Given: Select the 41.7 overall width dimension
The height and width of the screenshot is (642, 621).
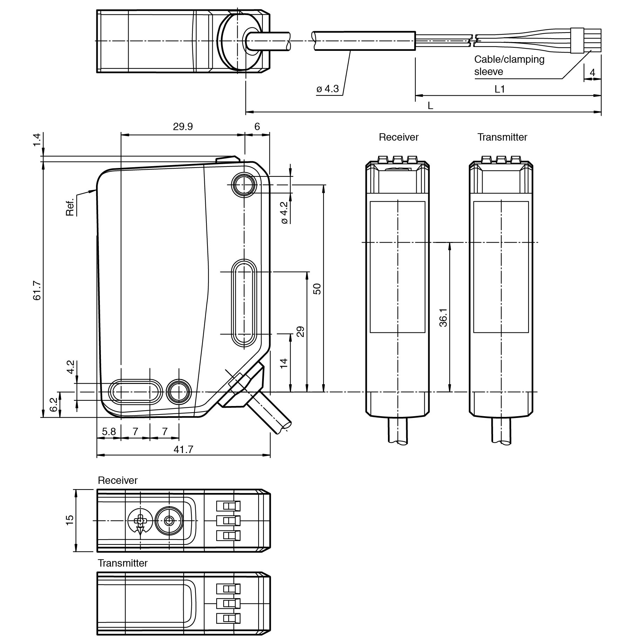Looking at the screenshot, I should (183, 449).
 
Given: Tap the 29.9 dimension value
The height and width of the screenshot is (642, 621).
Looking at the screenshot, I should (183, 127).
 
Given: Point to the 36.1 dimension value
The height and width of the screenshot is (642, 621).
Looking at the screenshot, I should (443, 318).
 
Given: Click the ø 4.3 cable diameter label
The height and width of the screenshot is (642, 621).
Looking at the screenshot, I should (327, 89).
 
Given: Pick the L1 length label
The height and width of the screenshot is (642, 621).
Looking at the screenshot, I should (499, 89).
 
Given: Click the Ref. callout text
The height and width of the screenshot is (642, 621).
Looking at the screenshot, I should (70, 207).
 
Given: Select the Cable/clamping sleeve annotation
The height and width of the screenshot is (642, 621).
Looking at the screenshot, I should (509, 66).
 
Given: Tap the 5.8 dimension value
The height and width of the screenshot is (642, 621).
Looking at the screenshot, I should (109, 431).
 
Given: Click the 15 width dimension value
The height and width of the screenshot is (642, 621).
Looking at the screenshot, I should (70, 520).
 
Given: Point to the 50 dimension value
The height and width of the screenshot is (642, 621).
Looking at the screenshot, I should (317, 289).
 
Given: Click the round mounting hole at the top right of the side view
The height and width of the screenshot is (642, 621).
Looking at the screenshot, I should (244, 184).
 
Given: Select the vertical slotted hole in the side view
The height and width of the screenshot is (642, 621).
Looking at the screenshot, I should (244, 303).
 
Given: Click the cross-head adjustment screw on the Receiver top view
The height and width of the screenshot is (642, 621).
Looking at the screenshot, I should (140, 520).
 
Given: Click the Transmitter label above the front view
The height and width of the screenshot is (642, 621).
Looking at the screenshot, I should (502, 137).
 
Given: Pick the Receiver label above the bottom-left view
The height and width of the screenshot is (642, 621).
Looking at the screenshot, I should (117, 480).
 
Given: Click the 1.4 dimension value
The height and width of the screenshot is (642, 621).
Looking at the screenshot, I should (37, 140).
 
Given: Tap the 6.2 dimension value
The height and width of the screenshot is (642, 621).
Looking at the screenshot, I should (53, 404).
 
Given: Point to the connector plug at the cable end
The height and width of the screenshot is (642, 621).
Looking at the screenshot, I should (578, 41).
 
